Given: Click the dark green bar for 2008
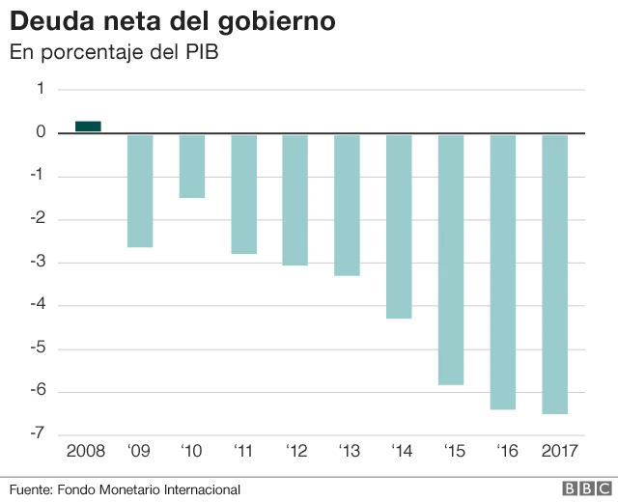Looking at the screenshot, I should tap(88, 125).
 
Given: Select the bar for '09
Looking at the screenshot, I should tap(140, 190).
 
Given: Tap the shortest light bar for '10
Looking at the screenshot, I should tap(192, 165).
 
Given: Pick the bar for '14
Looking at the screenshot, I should tap(399, 226).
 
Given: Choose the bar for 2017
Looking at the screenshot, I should tap(554, 273).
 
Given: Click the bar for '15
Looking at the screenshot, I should tap(451, 259).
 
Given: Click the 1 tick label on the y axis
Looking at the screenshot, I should tap(41, 89).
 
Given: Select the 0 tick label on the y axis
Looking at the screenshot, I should tap(41, 132).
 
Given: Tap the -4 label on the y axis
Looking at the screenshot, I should tap(39, 306).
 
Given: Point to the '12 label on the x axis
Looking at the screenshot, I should tap(295, 451).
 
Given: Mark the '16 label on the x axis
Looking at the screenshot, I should tap(502, 451).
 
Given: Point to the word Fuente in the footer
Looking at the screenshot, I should tap(31, 489).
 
